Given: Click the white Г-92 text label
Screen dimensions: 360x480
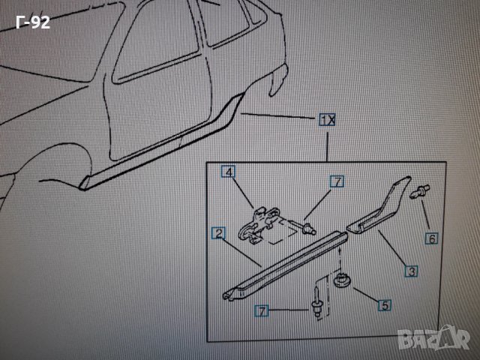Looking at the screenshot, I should point(32,22).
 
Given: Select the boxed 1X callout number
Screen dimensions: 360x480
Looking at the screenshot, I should point(326,120).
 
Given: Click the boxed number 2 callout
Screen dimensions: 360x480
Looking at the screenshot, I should point(218,235).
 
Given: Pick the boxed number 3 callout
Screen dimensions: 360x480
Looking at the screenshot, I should point(411,270).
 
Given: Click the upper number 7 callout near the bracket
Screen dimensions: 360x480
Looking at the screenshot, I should point(337,181).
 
